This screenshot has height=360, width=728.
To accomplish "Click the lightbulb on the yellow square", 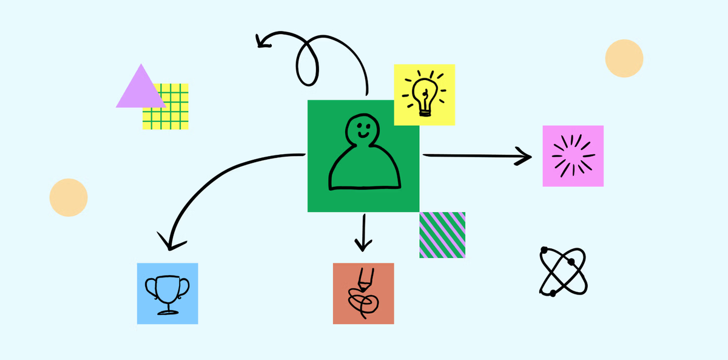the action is [425, 94].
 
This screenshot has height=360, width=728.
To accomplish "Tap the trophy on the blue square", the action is [167, 294].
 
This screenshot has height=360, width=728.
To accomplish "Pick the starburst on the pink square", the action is [573, 156].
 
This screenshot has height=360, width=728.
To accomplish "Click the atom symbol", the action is [563, 271].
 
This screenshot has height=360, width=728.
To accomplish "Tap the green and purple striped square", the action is [442, 235].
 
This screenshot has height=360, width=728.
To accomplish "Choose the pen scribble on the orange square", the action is [362, 295].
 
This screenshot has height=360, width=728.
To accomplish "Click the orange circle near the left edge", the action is [69, 197].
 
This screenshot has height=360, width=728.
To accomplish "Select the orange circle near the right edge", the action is [624, 58].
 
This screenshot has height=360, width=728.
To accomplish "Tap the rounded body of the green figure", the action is [365, 170].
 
